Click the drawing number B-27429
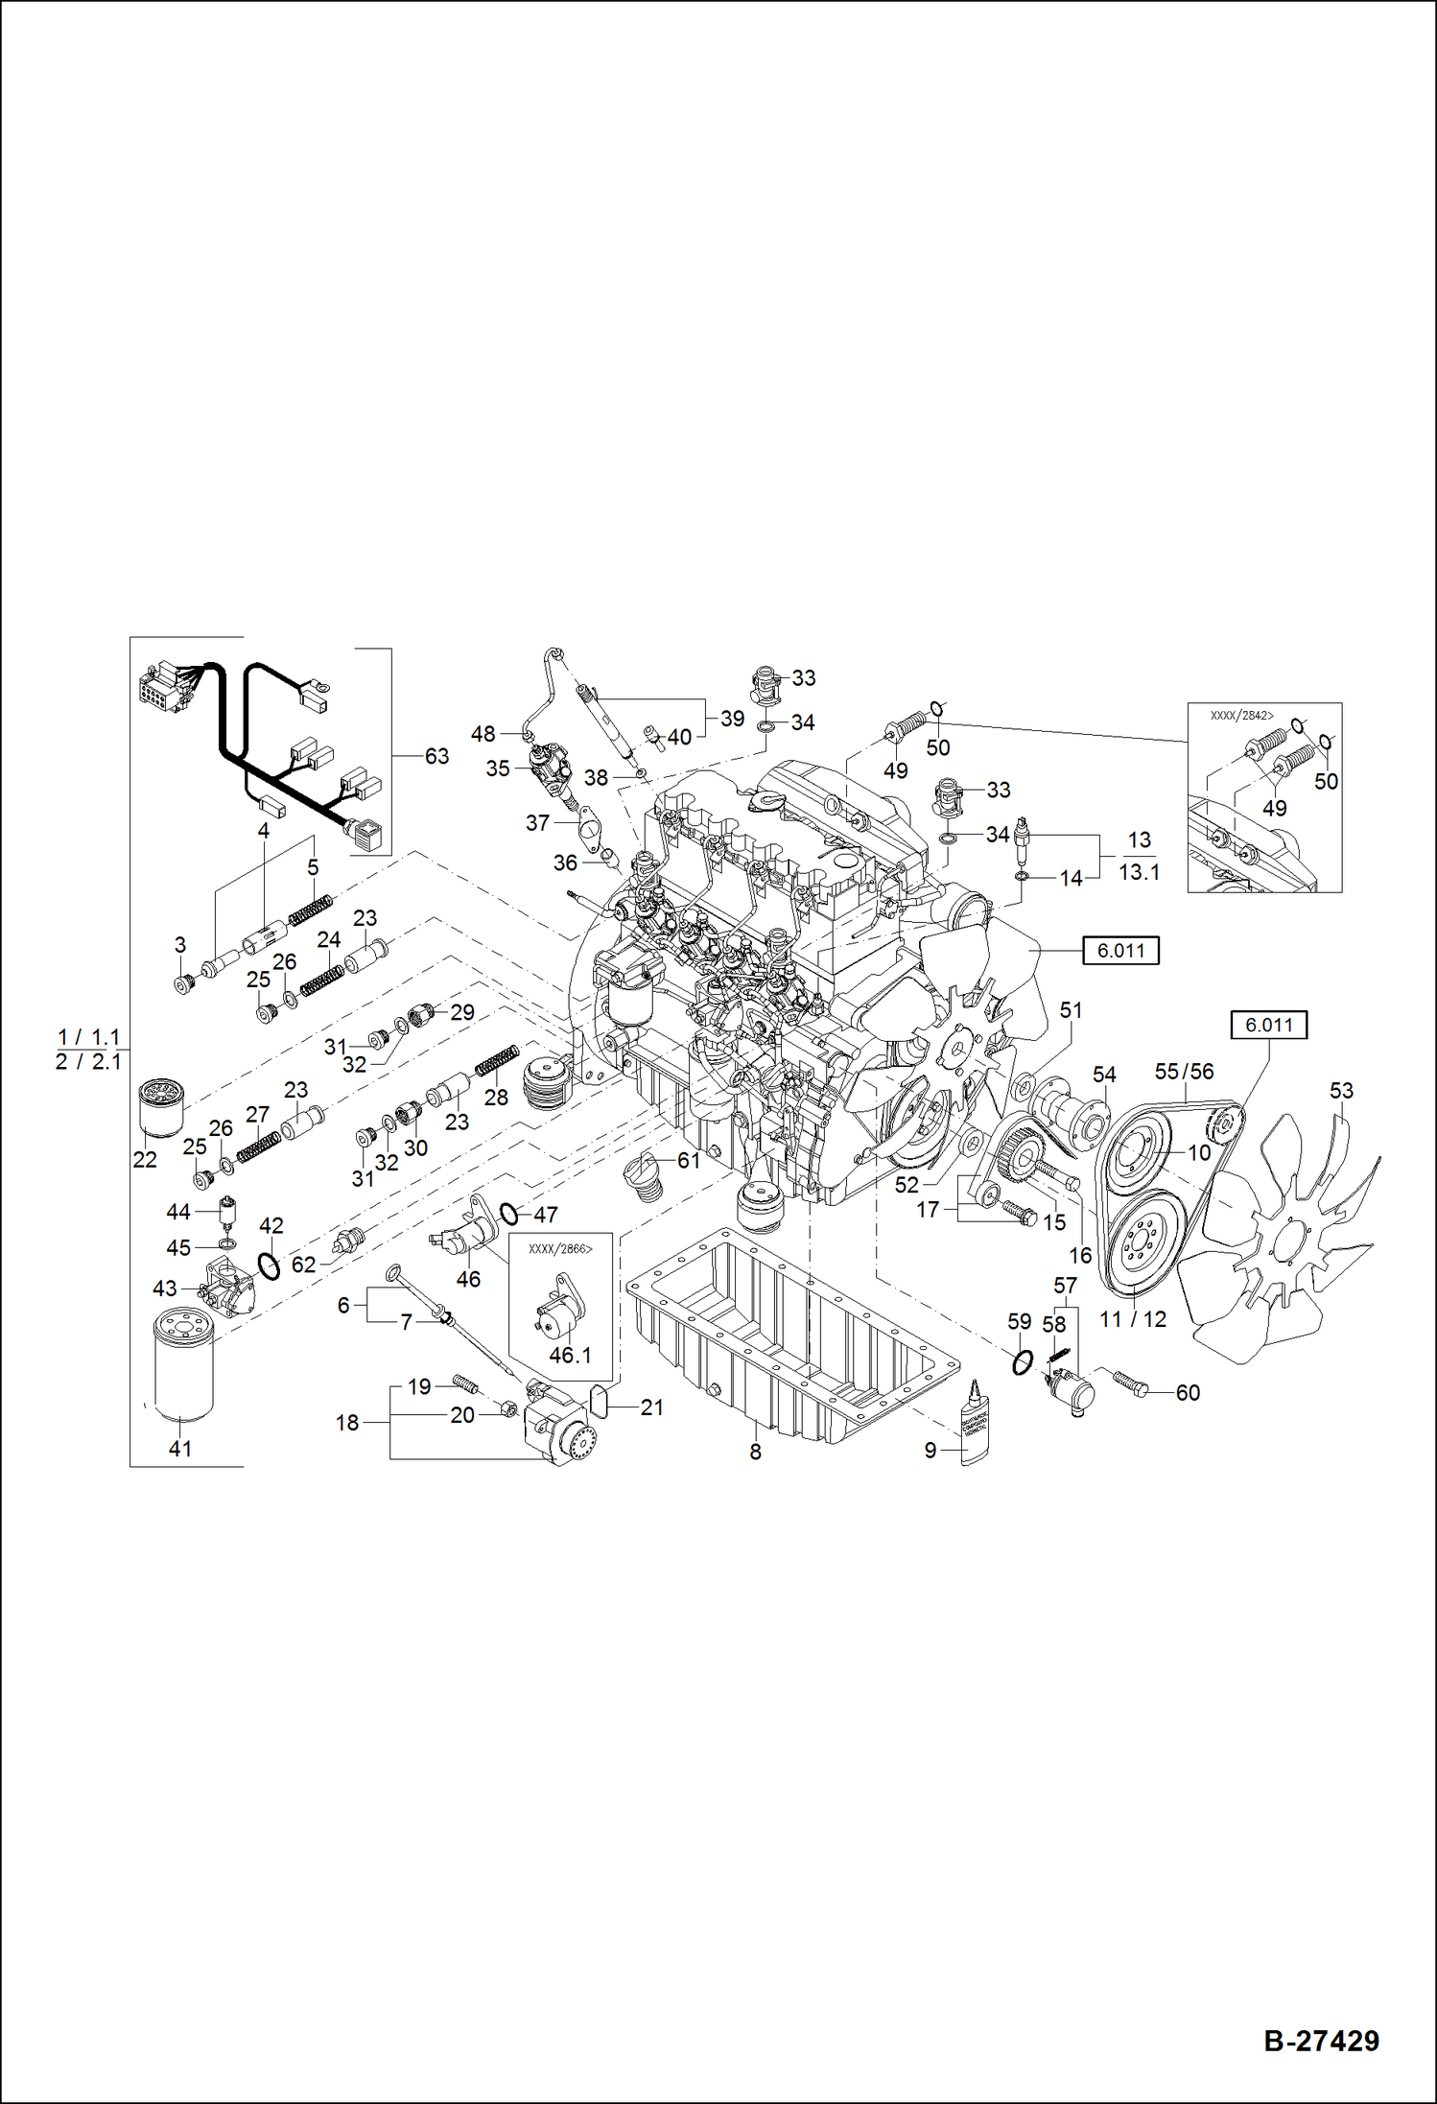pyautogui.click(x=1321, y=2041)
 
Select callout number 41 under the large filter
pyautogui.click(x=180, y=1449)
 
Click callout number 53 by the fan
pyautogui.click(x=1341, y=1091)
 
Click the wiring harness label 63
pyautogui.click(x=436, y=757)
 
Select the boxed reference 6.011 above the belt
pyautogui.click(x=1268, y=1025)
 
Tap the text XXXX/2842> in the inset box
pyautogui.click(x=1241, y=716)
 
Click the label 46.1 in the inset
pyautogui.click(x=570, y=1356)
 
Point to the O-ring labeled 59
pyautogui.click(x=1022, y=1361)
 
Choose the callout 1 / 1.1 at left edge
pyautogui.click(x=88, y=1037)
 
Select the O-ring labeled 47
pyautogui.click(x=509, y=1215)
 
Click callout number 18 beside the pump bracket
pyautogui.click(x=347, y=1423)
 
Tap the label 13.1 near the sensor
pyautogui.click(x=1139, y=872)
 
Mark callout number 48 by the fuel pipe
pyautogui.click(x=483, y=734)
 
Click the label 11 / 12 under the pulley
pyautogui.click(x=1132, y=1319)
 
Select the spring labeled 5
pyautogui.click(x=311, y=909)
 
